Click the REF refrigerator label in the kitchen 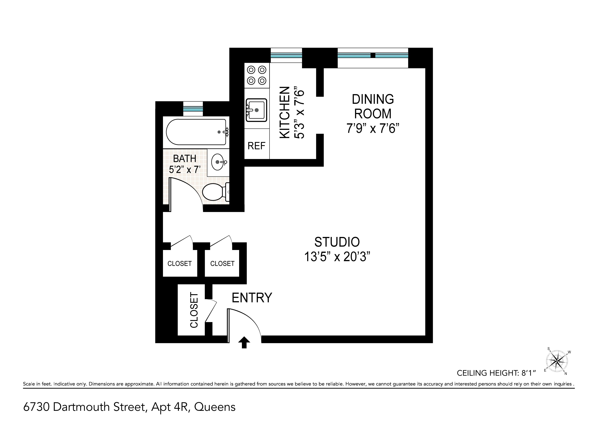pos(256,146)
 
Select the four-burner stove pos(257,75)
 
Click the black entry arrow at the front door pos(244,342)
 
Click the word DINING pos(373,99)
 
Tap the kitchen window pos(286,55)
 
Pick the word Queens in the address pos(215,407)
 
